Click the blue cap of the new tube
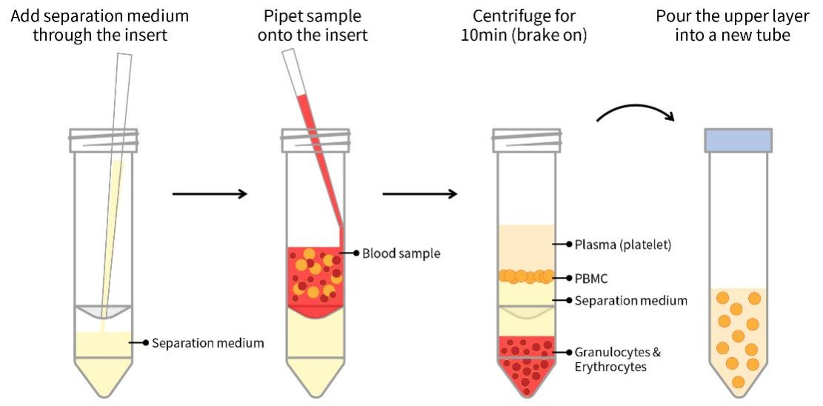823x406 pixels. pos(738,140)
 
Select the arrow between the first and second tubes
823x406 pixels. pos(209,194)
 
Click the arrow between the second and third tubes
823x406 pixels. pos(420,194)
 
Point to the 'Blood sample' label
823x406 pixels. pos(401,253)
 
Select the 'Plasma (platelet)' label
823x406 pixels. pos(623,244)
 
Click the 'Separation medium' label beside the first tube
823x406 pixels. pos(208,343)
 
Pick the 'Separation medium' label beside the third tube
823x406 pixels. pos(631,301)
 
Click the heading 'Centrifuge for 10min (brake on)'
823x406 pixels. pos(524,25)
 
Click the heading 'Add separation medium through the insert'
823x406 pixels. pos(100,25)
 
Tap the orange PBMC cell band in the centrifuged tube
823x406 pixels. pos(526,276)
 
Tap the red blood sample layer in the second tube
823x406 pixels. pos(314,278)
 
